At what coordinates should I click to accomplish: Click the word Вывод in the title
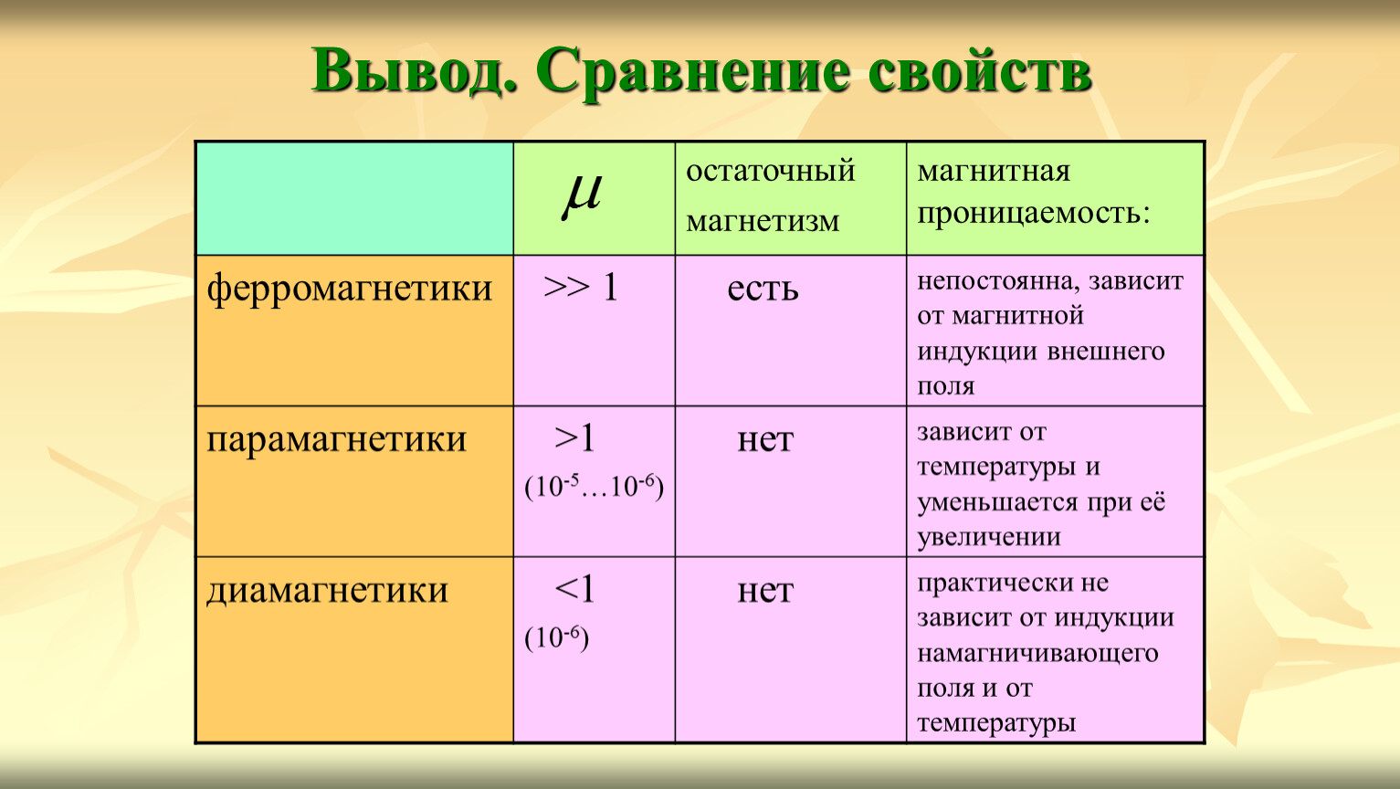pos(415,70)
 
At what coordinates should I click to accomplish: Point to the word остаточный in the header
pos(770,171)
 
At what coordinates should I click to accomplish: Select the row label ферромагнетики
pos(350,289)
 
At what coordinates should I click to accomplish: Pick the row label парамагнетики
pos(336,440)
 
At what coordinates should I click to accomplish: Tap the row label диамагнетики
pos(327,591)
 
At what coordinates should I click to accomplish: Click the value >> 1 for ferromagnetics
pos(581,288)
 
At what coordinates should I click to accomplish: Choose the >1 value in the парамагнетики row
pos(574,438)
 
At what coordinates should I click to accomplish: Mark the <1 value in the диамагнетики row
pos(574,589)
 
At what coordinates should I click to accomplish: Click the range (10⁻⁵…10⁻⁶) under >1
pos(594,487)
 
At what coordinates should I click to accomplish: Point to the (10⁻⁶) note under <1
pos(556,637)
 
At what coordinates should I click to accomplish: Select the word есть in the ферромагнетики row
pos(763,289)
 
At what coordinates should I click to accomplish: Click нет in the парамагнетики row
pos(765,440)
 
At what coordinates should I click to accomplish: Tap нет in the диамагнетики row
pos(765,591)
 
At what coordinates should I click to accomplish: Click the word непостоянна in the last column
pos(998,282)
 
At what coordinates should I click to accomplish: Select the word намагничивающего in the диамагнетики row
pos(1037,654)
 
